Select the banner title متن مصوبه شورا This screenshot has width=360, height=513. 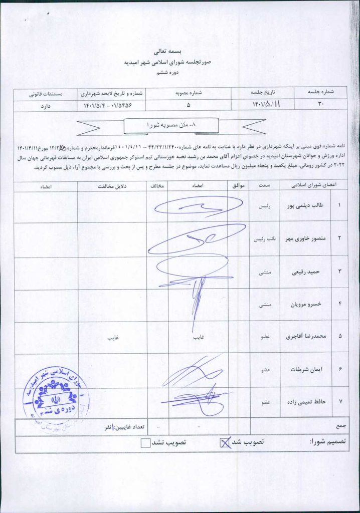[x=171, y=124]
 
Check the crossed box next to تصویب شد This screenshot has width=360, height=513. [x=226, y=442]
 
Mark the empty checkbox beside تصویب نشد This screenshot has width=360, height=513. [x=145, y=442]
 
